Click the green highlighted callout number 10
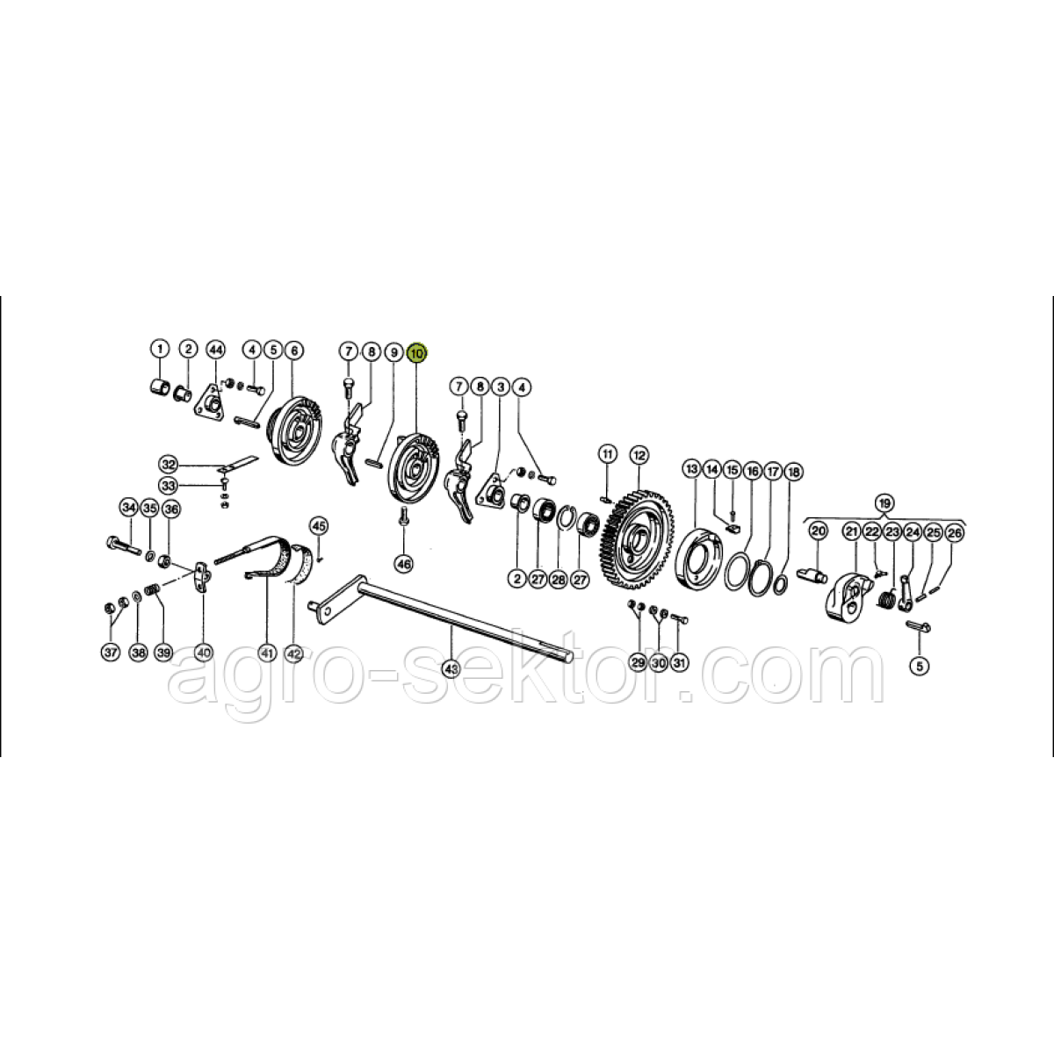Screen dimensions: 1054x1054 pos(417,353)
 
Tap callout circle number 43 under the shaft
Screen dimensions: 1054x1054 pos(451,668)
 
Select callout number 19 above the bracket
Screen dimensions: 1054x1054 pos(884,502)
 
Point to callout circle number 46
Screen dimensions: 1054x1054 pos(404,565)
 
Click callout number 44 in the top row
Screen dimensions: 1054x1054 pos(216,349)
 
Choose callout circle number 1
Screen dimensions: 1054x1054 pos(160,349)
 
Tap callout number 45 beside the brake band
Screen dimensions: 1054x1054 pos(319,526)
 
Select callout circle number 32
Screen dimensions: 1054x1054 pos(169,465)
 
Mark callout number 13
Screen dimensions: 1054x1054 pos(692,469)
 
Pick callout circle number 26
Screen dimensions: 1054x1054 pos(954,533)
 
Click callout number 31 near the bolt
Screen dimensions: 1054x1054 pos(679,663)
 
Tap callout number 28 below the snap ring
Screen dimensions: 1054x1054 pos(558,580)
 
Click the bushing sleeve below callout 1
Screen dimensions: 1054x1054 pos(159,388)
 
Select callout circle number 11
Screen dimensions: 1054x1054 pos(608,453)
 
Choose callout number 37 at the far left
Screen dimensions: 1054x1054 pos(111,652)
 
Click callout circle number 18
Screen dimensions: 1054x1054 pos(793,472)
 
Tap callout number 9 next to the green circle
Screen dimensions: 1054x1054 pos(393,352)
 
